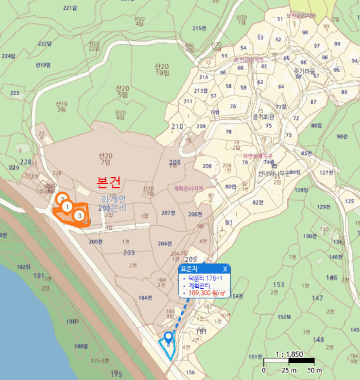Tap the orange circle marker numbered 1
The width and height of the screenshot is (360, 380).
66,206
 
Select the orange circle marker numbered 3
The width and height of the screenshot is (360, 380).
79,216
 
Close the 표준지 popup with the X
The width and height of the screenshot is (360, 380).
225,269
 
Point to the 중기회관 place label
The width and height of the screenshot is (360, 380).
264,117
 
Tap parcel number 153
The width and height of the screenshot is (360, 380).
279,284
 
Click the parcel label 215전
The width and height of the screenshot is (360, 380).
199,28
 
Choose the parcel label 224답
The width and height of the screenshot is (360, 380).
8,56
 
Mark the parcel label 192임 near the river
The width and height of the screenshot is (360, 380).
24,267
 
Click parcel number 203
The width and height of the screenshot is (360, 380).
129,253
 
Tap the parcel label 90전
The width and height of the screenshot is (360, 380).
342,136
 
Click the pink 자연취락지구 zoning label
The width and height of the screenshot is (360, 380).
257,156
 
